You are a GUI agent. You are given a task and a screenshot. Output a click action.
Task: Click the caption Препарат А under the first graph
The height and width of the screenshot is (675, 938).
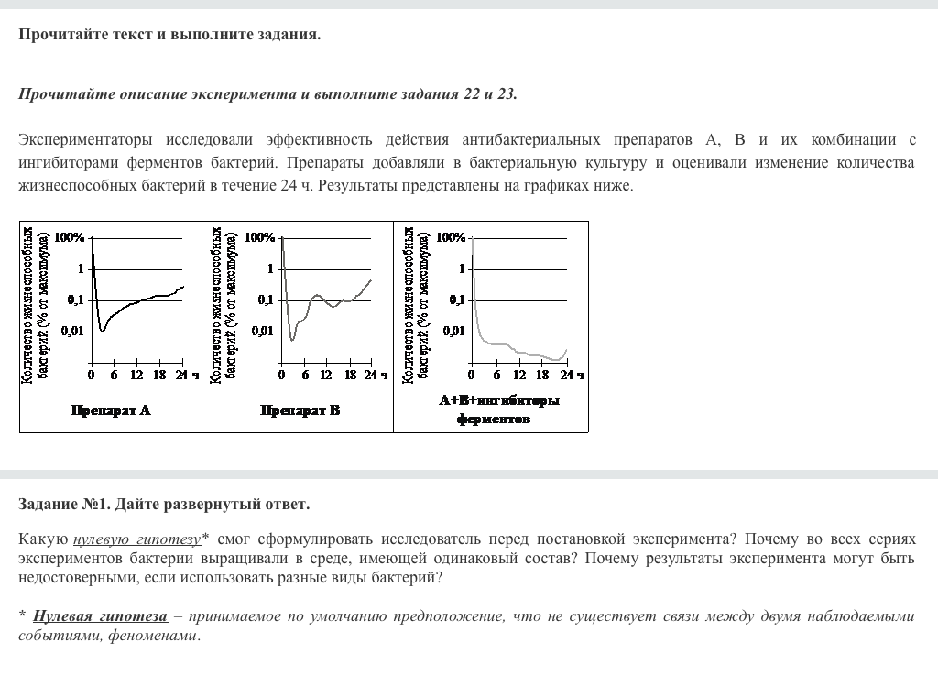111,410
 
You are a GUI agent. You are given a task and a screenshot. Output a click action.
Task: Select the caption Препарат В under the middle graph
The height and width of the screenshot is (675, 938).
300,410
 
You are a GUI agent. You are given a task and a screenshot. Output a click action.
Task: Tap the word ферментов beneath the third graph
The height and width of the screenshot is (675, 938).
493,419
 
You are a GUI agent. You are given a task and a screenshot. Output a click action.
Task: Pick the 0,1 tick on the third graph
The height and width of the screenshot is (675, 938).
456,299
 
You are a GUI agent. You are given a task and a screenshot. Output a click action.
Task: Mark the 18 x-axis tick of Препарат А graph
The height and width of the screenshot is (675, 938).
159,375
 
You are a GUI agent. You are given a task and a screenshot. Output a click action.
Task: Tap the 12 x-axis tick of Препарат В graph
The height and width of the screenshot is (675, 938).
326,375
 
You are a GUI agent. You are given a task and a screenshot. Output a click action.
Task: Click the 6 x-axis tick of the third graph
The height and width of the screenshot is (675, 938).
496,375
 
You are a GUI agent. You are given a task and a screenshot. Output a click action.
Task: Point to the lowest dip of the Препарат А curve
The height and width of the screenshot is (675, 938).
103,331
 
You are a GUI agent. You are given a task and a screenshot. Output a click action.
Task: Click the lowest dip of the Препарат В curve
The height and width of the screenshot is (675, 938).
292,340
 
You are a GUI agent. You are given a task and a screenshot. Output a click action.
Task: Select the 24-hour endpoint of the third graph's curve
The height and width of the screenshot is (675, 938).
567,350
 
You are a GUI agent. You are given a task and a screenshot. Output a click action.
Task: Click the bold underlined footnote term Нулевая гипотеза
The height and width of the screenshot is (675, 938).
100,616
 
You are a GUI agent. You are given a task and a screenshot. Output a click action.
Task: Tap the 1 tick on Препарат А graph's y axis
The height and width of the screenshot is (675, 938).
81,268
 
